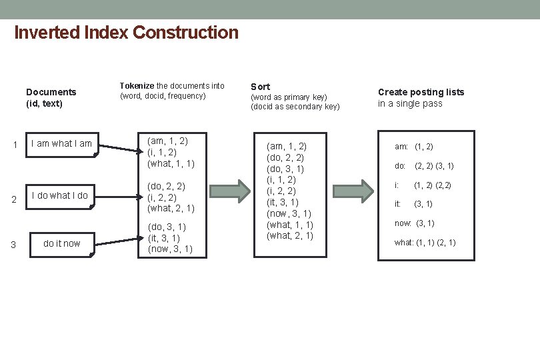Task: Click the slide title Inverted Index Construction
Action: [126, 32]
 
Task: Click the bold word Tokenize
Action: [137, 86]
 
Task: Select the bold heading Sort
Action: [260, 87]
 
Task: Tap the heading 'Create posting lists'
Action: [421, 92]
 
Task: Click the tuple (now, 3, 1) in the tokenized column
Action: [170, 249]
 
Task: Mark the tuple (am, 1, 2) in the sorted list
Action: [286, 145]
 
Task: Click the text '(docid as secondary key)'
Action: [295, 107]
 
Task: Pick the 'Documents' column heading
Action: [51, 92]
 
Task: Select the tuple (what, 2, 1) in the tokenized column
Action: [171, 208]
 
